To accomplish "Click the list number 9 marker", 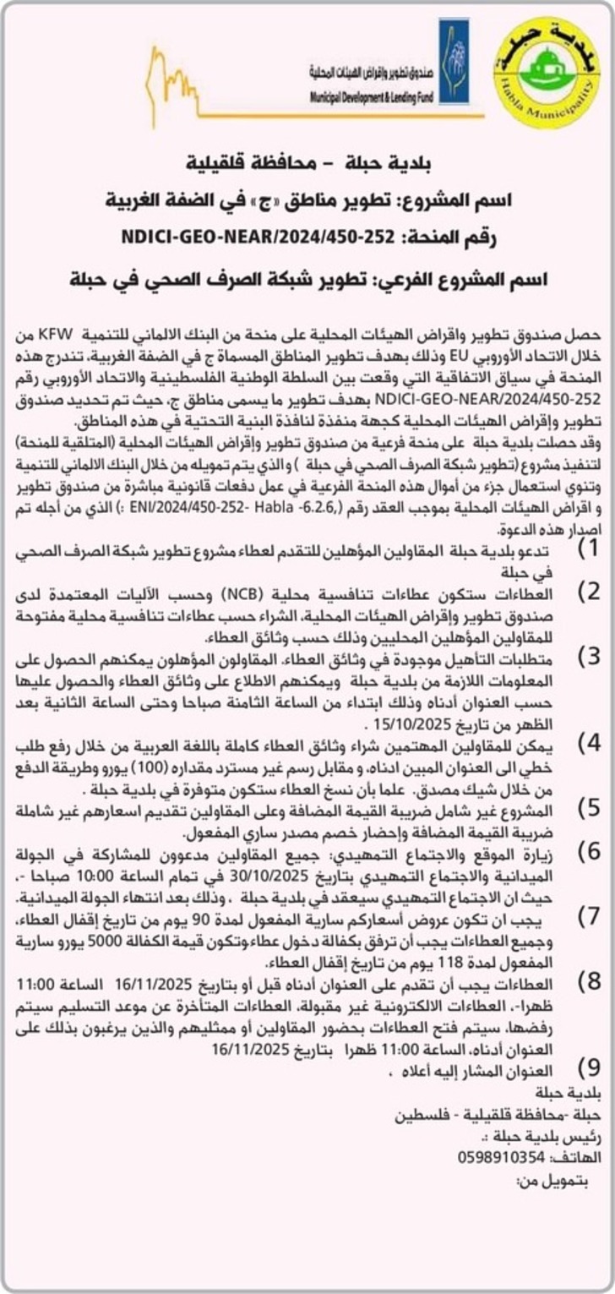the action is coord(588,1064).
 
